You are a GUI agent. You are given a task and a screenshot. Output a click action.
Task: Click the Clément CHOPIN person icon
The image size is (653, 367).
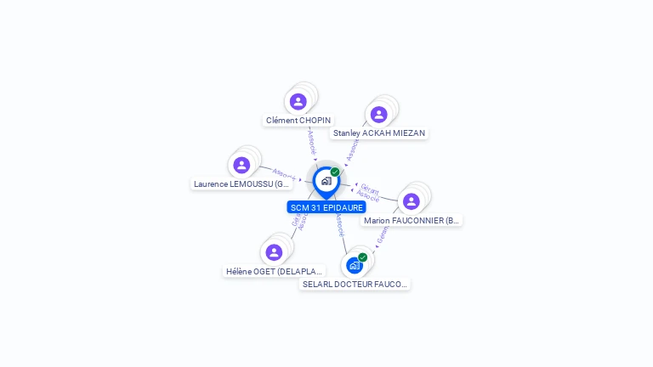click(x=298, y=102)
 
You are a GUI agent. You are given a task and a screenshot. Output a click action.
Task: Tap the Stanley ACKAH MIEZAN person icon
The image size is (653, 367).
click(x=378, y=115)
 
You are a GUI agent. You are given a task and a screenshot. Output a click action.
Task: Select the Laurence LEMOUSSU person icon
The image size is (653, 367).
click(x=241, y=165)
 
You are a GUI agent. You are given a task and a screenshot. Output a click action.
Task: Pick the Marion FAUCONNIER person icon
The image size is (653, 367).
click(x=412, y=201)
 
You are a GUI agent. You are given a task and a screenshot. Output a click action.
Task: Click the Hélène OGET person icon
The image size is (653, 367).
click(x=274, y=252)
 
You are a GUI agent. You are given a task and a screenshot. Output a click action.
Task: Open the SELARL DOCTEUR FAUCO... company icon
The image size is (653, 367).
click(x=355, y=265)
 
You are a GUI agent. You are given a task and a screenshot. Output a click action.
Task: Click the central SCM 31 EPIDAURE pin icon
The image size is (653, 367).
click(x=326, y=181)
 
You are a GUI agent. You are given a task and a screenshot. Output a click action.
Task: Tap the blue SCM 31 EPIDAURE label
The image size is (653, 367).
click(x=326, y=207)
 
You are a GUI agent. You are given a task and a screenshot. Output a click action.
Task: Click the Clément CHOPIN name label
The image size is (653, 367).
click(x=298, y=121)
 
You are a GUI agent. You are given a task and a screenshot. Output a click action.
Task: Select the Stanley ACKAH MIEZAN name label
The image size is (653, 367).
click(x=379, y=133)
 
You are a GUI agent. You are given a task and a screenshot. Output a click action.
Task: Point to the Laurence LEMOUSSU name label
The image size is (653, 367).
click(x=242, y=183)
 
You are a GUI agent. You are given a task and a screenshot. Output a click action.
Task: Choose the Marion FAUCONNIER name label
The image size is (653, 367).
click(x=412, y=221)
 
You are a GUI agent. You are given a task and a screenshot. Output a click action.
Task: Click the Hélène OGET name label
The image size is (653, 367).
click(x=275, y=272)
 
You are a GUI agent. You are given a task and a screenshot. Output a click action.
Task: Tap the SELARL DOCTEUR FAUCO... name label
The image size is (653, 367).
click(x=355, y=285)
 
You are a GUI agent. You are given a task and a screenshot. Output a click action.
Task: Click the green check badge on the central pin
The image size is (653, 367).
click(x=335, y=172)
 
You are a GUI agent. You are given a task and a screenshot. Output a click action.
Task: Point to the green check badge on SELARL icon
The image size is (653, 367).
click(x=363, y=257)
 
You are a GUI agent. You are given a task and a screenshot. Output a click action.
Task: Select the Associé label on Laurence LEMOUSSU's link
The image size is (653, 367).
click(x=283, y=173)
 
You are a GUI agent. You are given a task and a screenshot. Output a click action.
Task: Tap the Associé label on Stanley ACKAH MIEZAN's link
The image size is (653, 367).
click(x=353, y=151)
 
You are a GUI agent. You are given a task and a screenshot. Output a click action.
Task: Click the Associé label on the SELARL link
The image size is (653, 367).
click(x=339, y=225)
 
